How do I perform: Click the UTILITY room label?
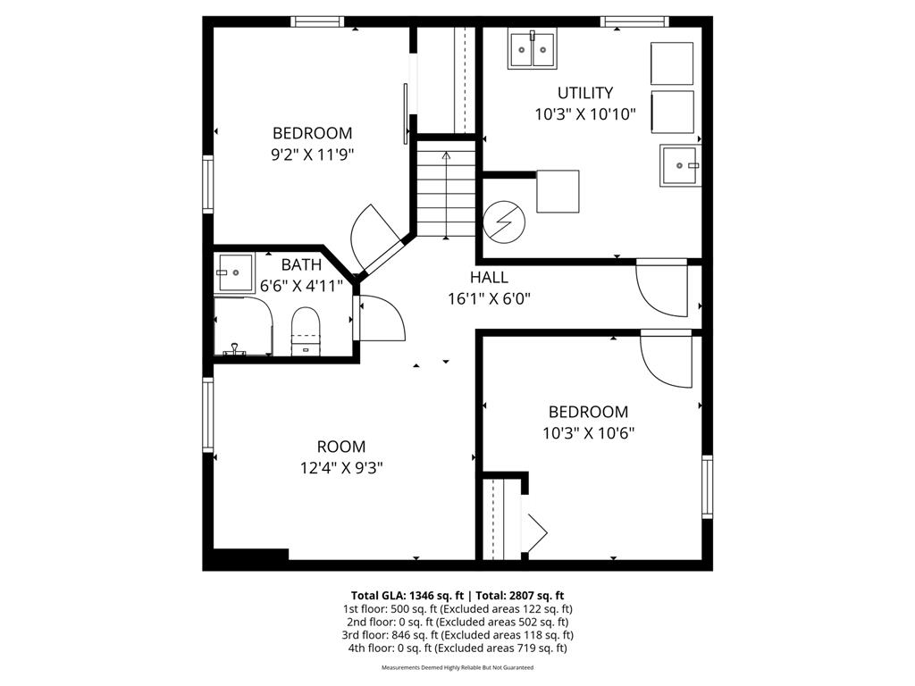click(585, 93)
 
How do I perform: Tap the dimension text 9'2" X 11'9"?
click(313, 154)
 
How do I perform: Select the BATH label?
click(301, 265)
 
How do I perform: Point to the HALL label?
click(489, 278)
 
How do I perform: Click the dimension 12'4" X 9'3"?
click(341, 467)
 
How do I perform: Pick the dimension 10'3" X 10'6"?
click(587, 433)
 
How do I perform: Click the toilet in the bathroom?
click(306, 330)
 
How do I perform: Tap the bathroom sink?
click(234, 272)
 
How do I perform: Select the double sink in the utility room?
click(533, 50)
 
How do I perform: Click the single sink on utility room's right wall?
click(681, 165)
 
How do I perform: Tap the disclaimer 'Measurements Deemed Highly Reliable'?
click(457, 667)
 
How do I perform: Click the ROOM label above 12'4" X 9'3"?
click(341, 447)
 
